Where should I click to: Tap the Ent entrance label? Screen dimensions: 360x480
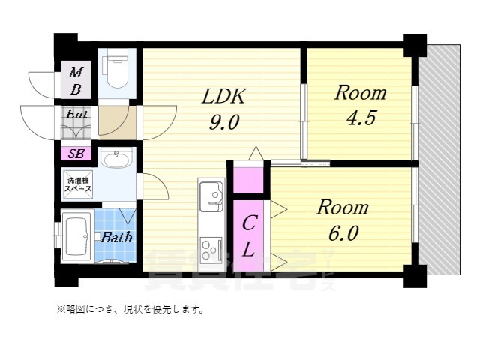pyautogui.click(x=76, y=115)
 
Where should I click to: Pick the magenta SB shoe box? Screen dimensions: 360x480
pyautogui.click(x=76, y=154)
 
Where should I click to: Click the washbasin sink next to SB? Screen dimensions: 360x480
pyautogui.click(x=115, y=159)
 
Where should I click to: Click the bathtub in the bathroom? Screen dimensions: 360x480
pyautogui.click(x=76, y=236)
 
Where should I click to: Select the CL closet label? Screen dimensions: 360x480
pyautogui.click(x=250, y=236)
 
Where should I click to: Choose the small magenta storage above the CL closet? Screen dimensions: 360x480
pyautogui.click(x=248, y=181)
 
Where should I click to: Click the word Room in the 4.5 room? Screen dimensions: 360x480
pyautogui.click(x=360, y=93)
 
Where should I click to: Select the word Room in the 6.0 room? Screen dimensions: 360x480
pyautogui.click(x=342, y=207)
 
